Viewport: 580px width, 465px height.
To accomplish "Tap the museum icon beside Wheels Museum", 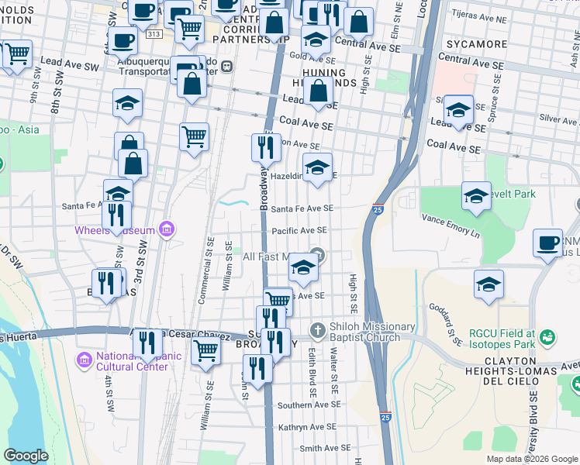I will click(165, 229).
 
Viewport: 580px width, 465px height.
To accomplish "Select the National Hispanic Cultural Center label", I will click(133, 361).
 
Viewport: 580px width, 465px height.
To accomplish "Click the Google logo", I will click(26, 456).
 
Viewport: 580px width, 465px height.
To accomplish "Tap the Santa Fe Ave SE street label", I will click(302, 208).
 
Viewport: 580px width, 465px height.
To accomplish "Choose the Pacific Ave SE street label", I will click(299, 231).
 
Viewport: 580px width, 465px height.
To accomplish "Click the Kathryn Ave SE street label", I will click(307, 426).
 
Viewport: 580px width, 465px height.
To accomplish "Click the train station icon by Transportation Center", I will click(228, 67).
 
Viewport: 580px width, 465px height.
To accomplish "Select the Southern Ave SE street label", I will click(306, 405).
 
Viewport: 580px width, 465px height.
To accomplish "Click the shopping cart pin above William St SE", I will click(205, 350).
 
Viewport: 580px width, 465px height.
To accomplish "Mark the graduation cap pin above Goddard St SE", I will click(489, 284).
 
